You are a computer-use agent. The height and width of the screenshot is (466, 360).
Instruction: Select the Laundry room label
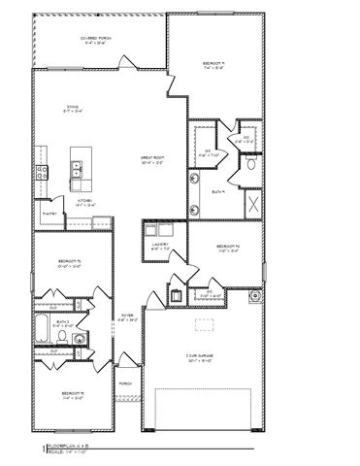click(161, 248)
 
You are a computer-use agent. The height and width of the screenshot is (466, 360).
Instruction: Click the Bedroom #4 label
click(228, 247)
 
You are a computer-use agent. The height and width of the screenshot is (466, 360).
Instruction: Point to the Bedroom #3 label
click(69, 264)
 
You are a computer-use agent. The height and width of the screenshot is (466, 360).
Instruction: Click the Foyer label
click(127, 316)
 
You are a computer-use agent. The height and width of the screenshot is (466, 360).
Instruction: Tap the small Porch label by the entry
click(125, 384)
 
